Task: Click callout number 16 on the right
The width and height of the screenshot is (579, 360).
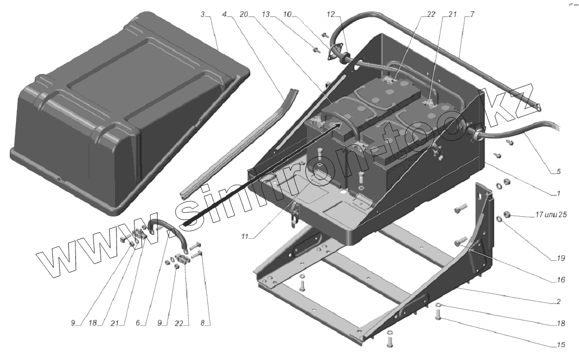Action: (559, 280)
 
